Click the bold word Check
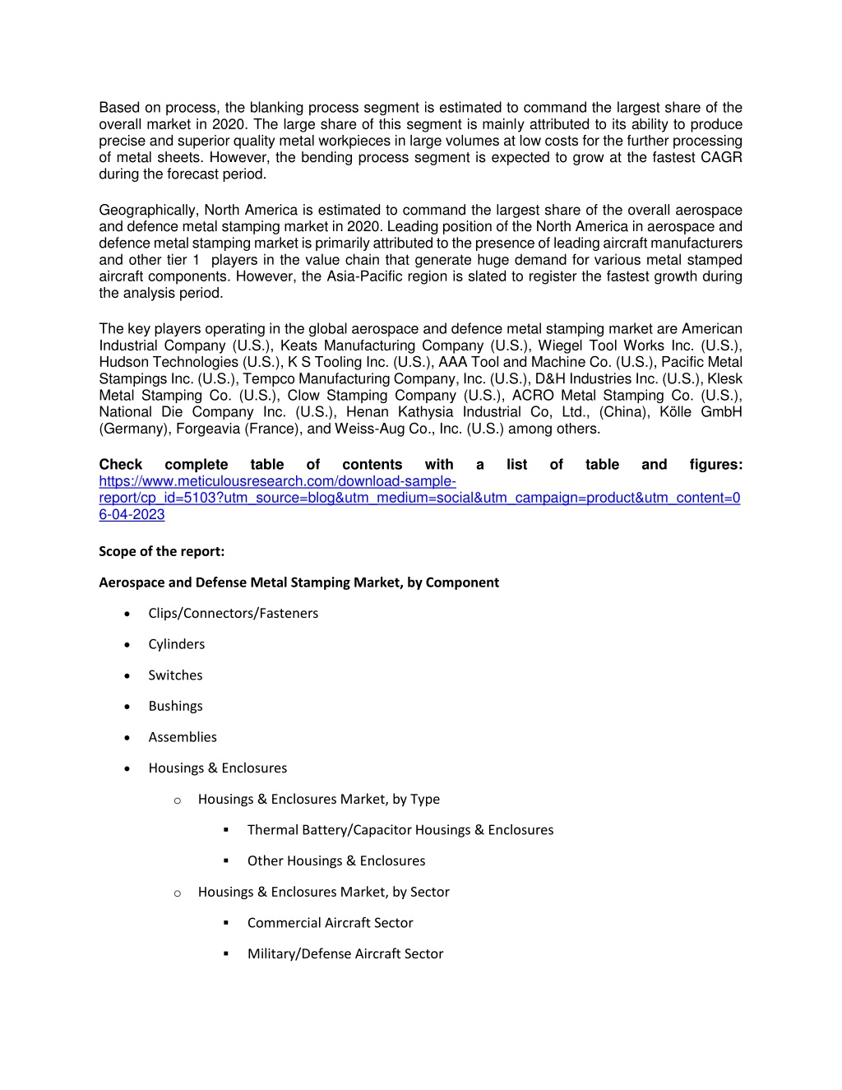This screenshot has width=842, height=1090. (x=120, y=465)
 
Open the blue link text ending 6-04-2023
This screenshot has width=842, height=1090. (x=132, y=515)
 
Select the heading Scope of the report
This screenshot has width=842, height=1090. (x=161, y=551)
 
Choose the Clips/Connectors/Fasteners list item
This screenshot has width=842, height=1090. (x=233, y=614)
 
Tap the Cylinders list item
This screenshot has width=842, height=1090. (x=176, y=644)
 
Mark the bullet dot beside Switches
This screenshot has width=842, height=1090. (x=127, y=675)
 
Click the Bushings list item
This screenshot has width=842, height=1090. (x=175, y=707)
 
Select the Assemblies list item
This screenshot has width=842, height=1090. (x=183, y=737)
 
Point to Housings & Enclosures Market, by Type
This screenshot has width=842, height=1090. (x=318, y=799)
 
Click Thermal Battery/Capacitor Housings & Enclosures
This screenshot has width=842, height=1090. (x=400, y=830)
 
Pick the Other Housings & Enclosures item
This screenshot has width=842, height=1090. (x=336, y=861)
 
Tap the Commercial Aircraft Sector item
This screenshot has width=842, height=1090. (x=330, y=923)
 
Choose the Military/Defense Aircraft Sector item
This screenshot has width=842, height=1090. (x=345, y=954)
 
